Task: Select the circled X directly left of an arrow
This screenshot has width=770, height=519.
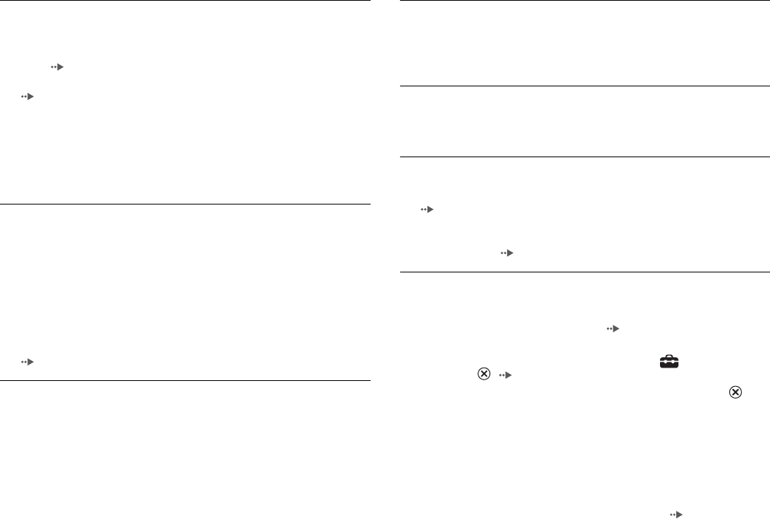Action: [x=484, y=374]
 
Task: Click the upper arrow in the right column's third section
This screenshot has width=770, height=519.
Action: [x=425, y=210]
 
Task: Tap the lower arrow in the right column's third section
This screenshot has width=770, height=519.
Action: [x=506, y=252]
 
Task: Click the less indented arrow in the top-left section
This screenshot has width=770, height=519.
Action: [x=27, y=97]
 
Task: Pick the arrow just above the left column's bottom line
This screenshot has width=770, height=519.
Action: [x=27, y=362]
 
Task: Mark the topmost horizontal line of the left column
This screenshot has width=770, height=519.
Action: [x=185, y=1]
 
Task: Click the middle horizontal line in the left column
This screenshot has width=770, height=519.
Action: [x=185, y=204]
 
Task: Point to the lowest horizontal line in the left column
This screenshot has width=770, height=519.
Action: [x=185, y=381]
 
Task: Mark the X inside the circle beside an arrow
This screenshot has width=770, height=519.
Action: [x=484, y=374]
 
